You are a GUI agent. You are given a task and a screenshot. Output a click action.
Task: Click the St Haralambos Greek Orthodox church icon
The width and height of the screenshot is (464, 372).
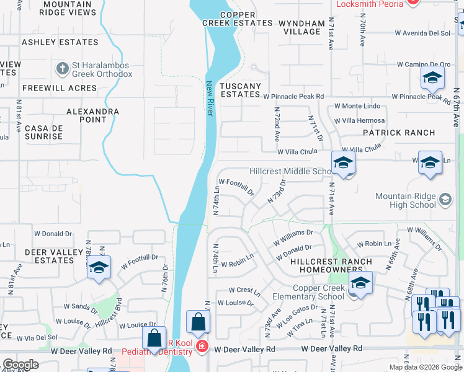click(x=62, y=67)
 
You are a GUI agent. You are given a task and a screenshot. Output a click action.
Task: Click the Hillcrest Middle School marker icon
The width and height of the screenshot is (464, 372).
click(x=343, y=163)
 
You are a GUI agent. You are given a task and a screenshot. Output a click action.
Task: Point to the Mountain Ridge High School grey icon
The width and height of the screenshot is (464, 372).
click(x=445, y=200)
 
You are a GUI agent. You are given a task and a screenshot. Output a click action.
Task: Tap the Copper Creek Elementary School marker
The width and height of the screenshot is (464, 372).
click(x=360, y=283)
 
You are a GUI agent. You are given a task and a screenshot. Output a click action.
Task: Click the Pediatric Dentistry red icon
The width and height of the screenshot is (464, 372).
click(x=202, y=346)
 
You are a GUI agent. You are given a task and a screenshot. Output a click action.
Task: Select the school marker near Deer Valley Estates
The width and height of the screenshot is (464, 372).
click(x=99, y=268)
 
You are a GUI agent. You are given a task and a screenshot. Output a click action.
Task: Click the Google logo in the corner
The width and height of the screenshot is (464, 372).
click(x=20, y=365)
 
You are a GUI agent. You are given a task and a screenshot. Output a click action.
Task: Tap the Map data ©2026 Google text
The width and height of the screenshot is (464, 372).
click(x=425, y=367)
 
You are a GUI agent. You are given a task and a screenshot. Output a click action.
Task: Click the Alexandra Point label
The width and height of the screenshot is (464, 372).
click(x=92, y=115)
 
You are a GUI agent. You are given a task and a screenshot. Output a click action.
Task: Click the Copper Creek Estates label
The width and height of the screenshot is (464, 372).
click(x=237, y=19)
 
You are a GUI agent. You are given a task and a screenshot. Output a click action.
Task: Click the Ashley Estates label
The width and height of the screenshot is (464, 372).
click(x=60, y=42)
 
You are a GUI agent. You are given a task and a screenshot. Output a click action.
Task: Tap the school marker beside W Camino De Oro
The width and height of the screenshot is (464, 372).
click(x=432, y=79)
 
